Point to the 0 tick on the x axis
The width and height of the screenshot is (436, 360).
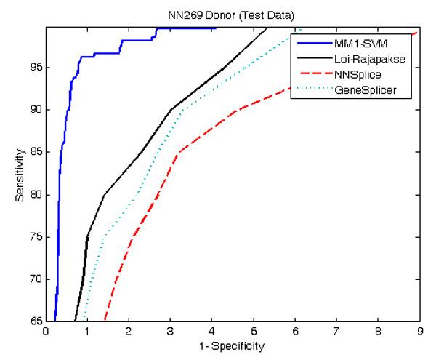point(45,332)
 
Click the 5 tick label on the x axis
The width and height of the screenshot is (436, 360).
point(253,332)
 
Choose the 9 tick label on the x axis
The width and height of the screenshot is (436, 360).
point(419,332)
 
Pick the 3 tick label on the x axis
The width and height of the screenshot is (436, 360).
point(170,332)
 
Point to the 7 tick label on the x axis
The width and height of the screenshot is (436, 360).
point(336,332)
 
